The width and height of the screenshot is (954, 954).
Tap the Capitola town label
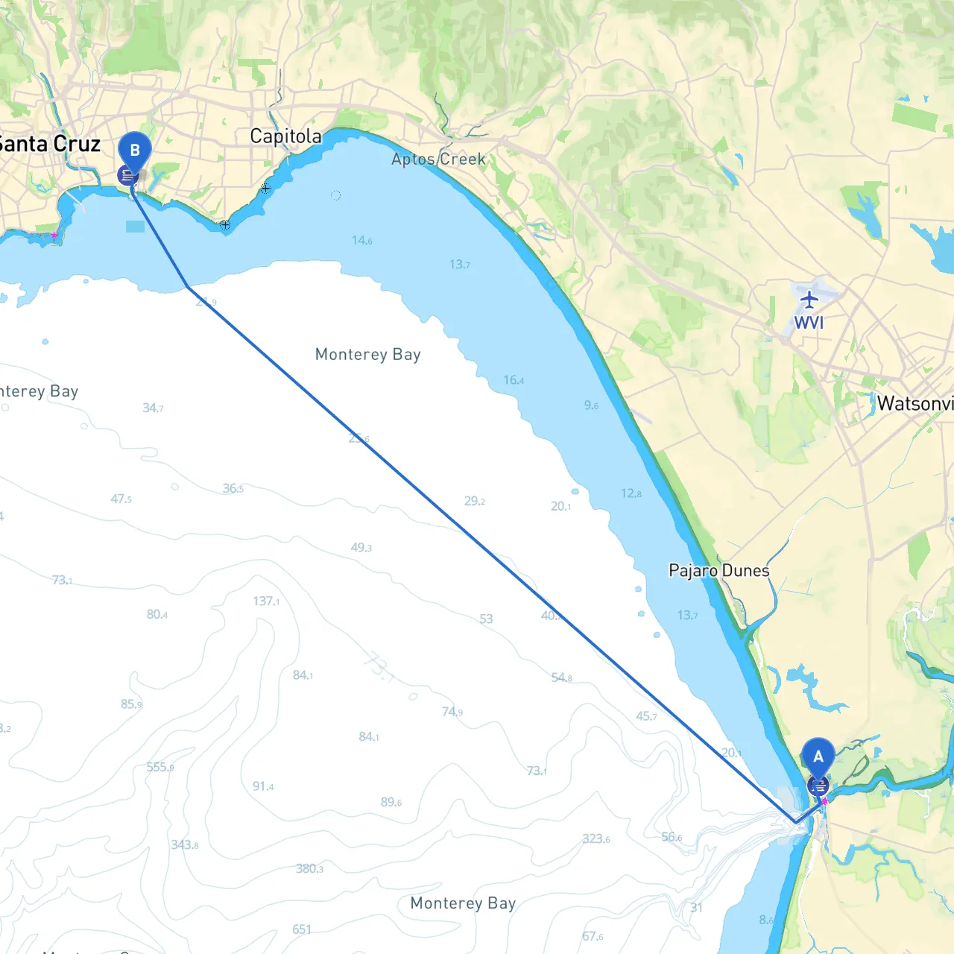coord(285,136)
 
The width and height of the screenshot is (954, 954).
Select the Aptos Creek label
coord(438,159)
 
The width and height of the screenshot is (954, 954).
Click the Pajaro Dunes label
coord(718,571)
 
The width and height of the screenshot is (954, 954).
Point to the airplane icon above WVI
coord(809,300)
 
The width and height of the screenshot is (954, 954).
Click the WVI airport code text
coord(809,323)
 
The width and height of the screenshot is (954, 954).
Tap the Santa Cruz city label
coord(48,144)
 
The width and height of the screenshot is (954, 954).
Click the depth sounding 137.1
coord(266,601)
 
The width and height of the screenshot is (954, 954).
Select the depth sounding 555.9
coord(160,767)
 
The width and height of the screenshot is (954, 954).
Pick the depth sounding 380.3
coord(309,868)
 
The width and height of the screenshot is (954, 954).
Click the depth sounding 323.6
coord(596,838)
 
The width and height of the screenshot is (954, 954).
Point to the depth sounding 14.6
coord(362,240)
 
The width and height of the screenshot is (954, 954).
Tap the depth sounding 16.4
coord(514,380)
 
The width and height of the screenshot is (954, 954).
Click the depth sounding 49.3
coord(361,548)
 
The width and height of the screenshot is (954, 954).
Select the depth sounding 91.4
coord(263,786)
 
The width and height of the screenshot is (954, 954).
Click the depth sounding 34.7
coord(153,408)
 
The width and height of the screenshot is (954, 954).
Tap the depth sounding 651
coord(302,929)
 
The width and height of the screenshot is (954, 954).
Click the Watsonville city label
coord(914,404)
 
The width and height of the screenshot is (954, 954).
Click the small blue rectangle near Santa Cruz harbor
coord(136,227)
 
